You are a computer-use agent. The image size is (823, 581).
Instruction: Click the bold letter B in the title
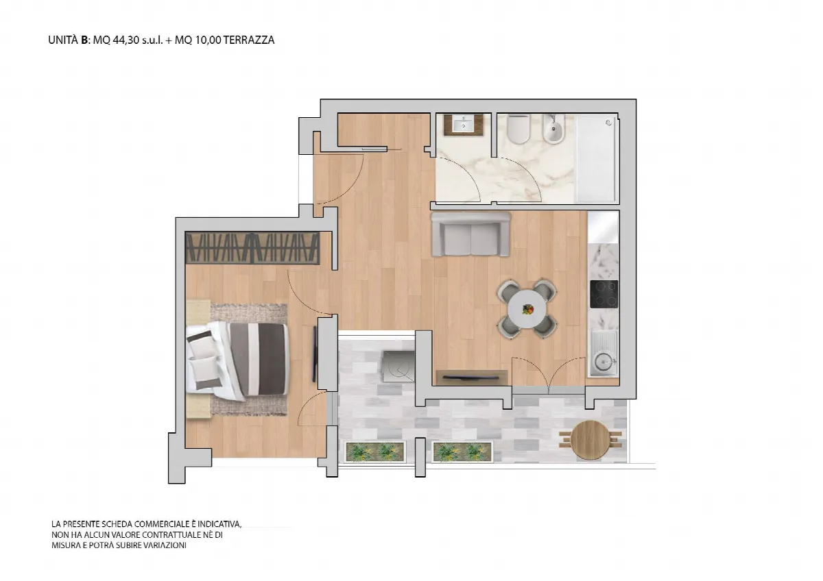[85, 40]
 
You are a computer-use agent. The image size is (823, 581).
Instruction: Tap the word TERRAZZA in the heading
[249, 40]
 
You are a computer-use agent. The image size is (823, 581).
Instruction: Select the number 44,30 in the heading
[126, 40]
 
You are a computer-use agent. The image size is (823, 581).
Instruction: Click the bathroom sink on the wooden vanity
[464, 125]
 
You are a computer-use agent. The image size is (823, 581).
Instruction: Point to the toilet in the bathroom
[518, 129]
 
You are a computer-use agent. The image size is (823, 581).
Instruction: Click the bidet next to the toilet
[553, 129]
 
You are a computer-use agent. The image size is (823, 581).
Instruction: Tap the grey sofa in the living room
[470, 234]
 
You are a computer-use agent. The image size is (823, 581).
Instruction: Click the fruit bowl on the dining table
[528, 309]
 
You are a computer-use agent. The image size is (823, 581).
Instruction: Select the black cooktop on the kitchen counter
[604, 294]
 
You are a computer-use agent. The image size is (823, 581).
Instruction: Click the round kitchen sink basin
[603, 361]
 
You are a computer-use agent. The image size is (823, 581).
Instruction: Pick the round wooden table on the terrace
[590, 439]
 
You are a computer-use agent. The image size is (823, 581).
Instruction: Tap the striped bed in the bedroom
[237, 360]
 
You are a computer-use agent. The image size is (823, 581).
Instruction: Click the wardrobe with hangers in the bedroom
[252, 248]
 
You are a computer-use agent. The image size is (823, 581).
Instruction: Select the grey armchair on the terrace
[398, 366]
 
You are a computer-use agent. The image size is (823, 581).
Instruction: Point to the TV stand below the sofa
[472, 378]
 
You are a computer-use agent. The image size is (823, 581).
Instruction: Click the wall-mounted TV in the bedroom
[315, 354]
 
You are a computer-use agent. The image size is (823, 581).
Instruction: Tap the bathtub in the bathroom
[595, 158]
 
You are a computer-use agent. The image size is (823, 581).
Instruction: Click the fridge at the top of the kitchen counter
[604, 227]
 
